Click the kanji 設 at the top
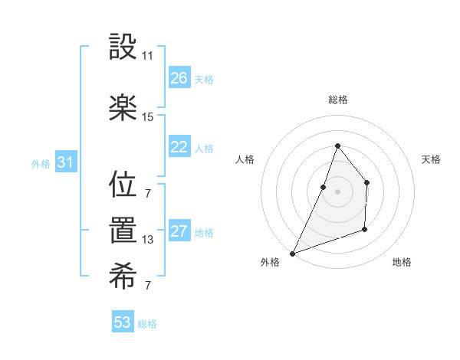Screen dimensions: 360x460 click(x=123, y=49)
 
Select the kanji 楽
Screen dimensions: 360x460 click(x=123, y=107)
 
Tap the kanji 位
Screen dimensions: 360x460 click(x=123, y=185)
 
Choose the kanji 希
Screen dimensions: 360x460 click(x=123, y=279)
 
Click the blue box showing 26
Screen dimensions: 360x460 click(x=179, y=77)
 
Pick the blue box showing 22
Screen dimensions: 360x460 click(x=179, y=147)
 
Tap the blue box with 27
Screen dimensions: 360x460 click(x=179, y=231)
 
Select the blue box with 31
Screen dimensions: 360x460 click(x=65, y=162)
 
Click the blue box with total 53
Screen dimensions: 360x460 click(x=123, y=322)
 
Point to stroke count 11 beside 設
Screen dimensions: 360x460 click(x=147, y=56)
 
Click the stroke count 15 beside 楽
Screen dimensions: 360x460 click(x=147, y=117)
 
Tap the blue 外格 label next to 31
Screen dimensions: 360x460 click(x=41, y=163)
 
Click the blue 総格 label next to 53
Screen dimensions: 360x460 click(x=147, y=324)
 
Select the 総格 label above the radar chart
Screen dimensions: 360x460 click(x=337, y=100)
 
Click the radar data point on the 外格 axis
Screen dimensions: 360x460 click(x=292, y=253)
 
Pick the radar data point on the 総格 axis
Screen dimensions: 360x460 click(x=337, y=146)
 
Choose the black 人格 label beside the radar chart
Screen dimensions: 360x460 click(x=245, y=159)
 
